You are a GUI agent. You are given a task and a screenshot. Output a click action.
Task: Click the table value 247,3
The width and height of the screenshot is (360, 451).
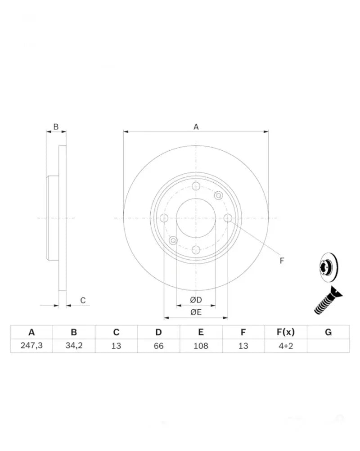point(31,345)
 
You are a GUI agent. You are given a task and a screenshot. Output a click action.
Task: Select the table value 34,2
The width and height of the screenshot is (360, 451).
point(74,345)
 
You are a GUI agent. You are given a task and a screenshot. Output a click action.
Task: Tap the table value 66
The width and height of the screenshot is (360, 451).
point(158,346)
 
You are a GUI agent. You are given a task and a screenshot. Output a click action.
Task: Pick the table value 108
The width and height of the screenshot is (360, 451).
point(201,346)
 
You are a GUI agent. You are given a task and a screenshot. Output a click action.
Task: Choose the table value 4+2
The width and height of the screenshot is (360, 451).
point(286,346)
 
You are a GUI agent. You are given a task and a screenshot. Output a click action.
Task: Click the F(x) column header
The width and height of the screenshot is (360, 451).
point(286,332)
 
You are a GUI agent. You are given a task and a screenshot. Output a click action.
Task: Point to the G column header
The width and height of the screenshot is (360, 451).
point(328,332)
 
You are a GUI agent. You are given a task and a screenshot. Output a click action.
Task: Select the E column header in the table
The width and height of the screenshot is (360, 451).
point(201,332)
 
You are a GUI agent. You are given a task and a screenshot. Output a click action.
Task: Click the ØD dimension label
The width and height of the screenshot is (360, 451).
point(196,300)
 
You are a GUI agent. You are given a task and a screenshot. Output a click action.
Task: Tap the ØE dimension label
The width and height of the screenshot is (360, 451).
point(196,312)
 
